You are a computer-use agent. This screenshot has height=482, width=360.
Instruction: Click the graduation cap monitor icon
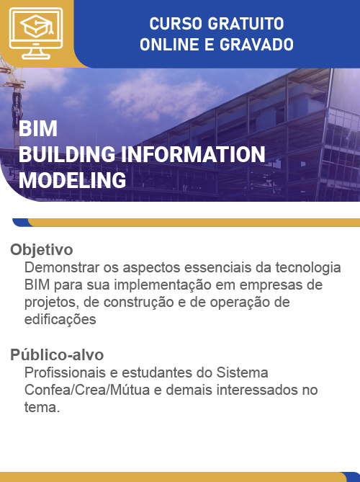(36, 33)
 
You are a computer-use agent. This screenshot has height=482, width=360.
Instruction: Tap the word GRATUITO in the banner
(246, 24)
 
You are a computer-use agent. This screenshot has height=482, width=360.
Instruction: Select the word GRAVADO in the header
(256, 44)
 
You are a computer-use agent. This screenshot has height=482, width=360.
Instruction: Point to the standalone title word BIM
(38, 128)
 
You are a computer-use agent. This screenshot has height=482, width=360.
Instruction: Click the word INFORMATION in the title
(193, 154)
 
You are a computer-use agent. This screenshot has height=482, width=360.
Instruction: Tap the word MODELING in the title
(73, 180)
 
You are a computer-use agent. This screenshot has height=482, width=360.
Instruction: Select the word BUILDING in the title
(67, 154)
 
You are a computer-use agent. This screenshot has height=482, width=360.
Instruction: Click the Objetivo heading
(42, 249)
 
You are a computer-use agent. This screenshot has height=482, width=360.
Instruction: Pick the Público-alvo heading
(57, 354)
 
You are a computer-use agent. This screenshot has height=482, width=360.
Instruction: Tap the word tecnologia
(308, 268)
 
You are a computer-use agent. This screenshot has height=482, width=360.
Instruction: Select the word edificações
(60, 320)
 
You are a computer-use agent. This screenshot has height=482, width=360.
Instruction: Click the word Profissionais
(65, 372)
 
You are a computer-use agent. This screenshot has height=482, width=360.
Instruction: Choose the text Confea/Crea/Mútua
(87, 390)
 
